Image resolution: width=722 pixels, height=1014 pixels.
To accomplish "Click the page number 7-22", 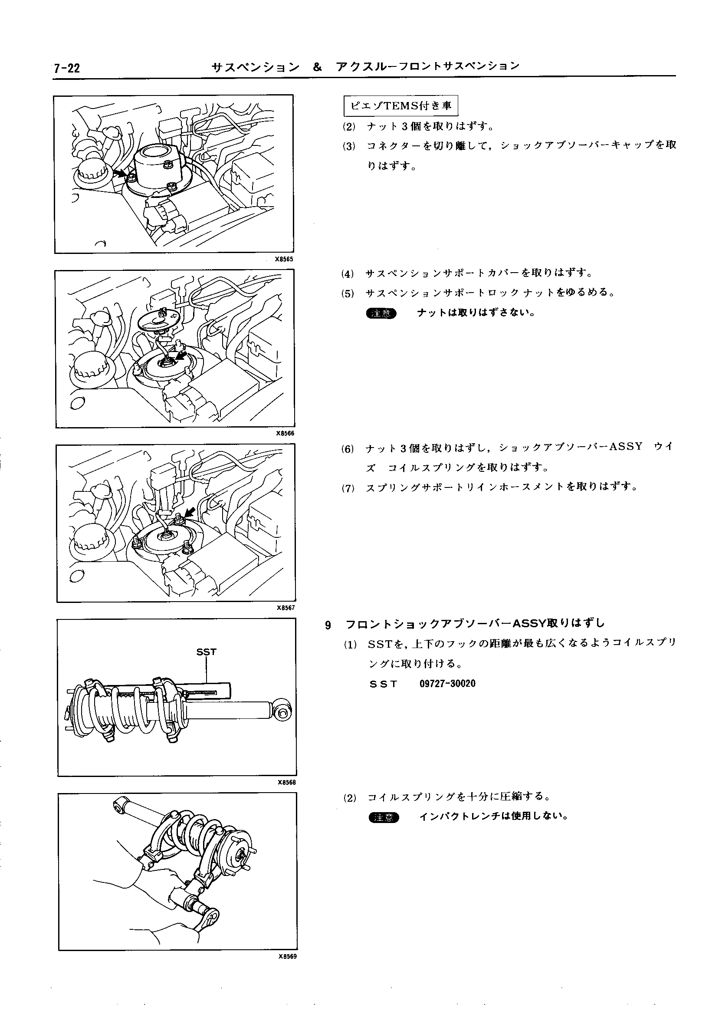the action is (x=66, y=69).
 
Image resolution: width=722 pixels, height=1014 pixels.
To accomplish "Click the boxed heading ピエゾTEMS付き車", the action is (x=401, y=105).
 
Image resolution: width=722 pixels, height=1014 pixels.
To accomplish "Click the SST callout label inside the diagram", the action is (x=206, y=652).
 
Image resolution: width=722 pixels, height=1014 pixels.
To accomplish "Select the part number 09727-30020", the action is (x=447, y=684).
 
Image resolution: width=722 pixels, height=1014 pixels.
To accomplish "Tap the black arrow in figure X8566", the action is (x=180, y=356).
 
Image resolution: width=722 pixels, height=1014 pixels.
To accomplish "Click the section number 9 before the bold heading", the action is (x=328, y=626).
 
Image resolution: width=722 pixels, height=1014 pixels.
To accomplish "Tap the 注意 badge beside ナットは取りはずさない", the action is (x=381, y=313).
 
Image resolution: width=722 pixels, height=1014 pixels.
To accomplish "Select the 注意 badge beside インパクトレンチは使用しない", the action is (x=384, y=817).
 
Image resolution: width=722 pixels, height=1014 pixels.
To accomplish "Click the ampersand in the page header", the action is (x=317, y=67).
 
